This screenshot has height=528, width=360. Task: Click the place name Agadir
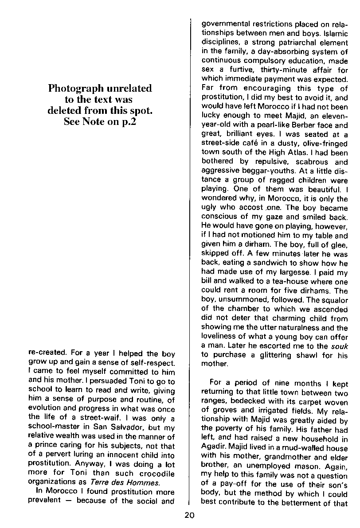point(213,447)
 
